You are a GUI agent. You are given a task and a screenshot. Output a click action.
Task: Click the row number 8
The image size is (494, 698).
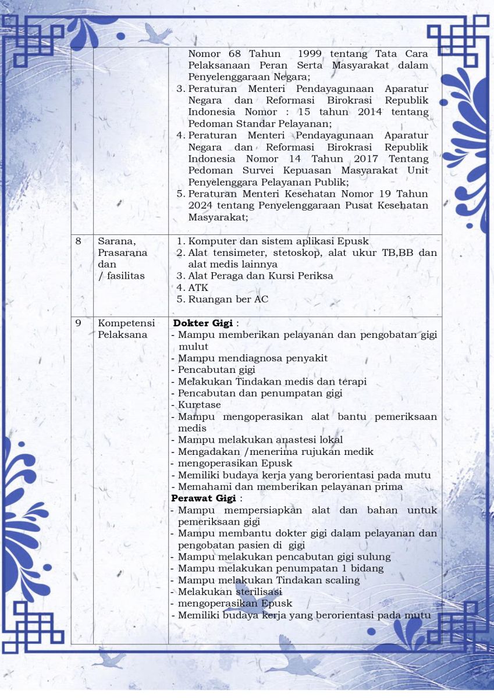(78, 241)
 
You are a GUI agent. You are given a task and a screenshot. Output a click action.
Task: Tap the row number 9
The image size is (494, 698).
(78, 323)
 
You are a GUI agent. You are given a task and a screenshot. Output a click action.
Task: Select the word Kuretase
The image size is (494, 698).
(200, 405)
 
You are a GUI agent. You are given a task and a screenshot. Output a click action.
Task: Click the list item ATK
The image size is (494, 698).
(198, 287)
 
